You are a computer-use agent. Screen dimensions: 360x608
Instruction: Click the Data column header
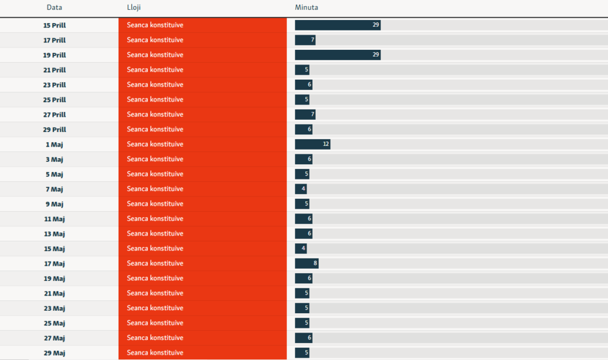coord(54,7)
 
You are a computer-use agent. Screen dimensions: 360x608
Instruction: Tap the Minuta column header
coord(306,7)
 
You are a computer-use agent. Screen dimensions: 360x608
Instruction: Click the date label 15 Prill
coord(55,26)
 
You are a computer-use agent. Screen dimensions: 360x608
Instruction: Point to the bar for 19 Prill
coord(337,55)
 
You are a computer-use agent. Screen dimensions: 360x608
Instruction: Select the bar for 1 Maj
coord(313,144)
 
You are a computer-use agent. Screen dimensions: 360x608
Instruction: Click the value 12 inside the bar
coord(326,144)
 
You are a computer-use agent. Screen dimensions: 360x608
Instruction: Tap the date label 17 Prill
coord(55,40)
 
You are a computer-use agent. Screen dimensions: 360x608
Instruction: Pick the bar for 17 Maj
coord(306,263)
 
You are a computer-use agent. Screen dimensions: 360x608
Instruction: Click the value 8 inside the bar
coord(315,263)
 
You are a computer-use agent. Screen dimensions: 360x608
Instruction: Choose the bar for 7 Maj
coord(301,189)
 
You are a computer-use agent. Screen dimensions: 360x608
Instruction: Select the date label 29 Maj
coord(55,353)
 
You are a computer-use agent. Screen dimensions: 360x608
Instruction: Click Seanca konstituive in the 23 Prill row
coord(155,85)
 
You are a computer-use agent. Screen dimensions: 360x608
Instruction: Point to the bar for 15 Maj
coord(301,249)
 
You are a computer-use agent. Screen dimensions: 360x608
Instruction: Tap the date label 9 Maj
coord(55,204)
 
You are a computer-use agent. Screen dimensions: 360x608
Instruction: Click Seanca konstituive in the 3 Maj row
coord(155,159)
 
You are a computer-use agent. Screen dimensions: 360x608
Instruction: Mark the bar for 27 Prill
coord(305,114)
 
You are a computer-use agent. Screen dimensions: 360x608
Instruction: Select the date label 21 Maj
coord(55,294)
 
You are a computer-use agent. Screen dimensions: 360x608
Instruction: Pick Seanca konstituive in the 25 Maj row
coord(155,323)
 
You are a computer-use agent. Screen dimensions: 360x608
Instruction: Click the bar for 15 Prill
coord(337,25)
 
